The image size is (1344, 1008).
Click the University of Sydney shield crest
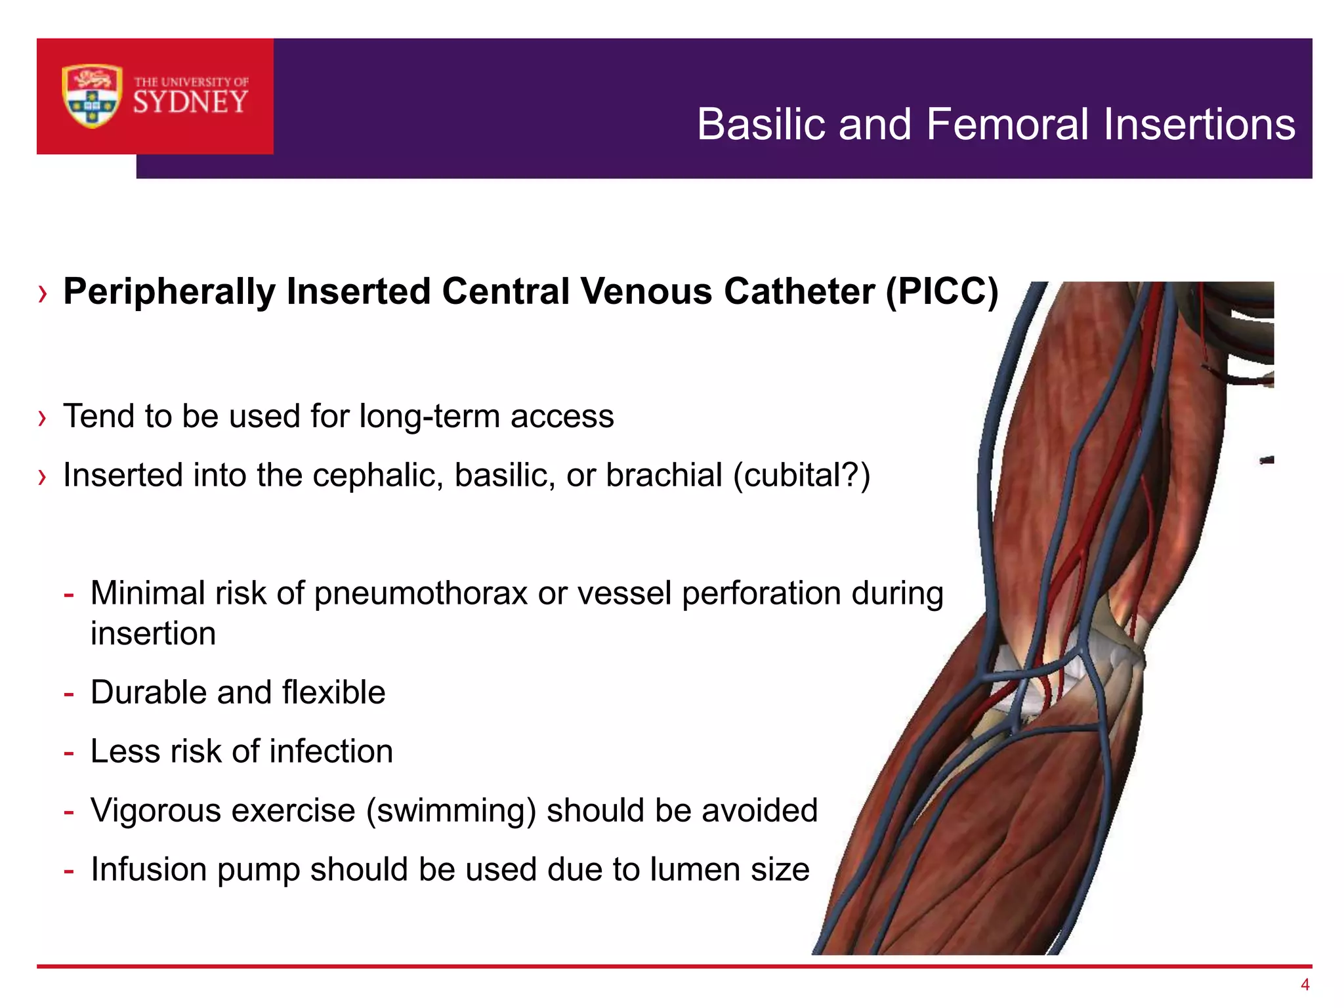coord(92,96)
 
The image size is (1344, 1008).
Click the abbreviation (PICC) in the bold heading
coord(942,291)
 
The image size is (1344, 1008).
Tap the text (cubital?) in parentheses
coord(801,475)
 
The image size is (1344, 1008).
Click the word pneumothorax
coord(421,593)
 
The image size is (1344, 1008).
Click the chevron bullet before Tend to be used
coord(43,418)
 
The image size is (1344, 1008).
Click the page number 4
coord(1305,984)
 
